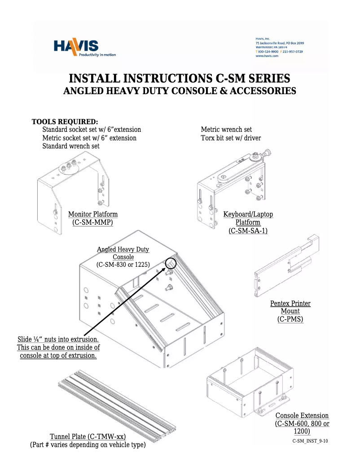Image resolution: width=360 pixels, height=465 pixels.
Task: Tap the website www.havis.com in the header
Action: tap(268, 56)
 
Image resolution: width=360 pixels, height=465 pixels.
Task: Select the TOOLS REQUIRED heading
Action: tap(65, 122)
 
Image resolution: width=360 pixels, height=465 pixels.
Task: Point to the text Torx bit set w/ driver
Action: tap(230, 138)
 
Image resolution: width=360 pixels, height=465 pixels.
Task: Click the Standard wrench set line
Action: tap(71, 146)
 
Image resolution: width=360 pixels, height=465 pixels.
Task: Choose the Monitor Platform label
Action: tap(93, 214)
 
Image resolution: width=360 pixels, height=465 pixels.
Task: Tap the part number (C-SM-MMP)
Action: tap(93, 222)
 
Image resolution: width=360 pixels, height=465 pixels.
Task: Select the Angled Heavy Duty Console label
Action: tap(123, 253)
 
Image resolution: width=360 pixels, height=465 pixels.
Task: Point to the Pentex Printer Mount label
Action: tap(290, 307)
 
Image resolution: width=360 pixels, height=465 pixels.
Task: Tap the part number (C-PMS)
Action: tap(290, 319)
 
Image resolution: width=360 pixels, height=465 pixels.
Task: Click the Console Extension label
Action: tap(302, 416)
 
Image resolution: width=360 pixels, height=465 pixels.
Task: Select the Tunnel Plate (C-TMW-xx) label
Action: tap(88, 437)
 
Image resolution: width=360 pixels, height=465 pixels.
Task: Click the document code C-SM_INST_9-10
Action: tap(310, 441)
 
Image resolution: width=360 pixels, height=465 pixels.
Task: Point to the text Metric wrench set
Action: tap(226, 130)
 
